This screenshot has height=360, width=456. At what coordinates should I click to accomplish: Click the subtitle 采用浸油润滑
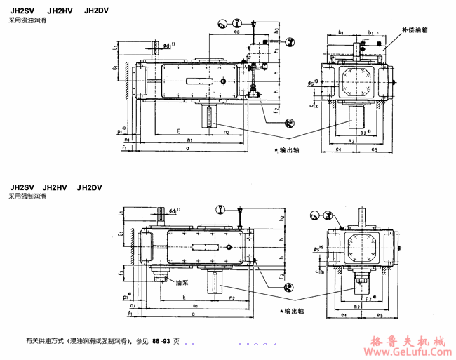pos(27,21)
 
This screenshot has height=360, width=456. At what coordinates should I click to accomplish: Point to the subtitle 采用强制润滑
pos(27,198)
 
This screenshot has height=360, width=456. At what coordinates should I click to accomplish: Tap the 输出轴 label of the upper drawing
pos(288,150)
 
